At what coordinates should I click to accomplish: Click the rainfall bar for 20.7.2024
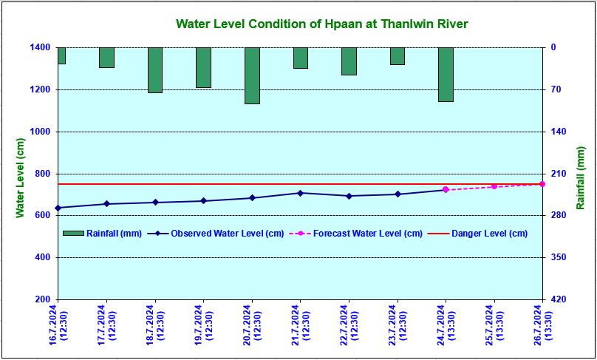click(x=252, y=75)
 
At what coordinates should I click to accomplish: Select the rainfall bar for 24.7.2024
click(x=446, y=75)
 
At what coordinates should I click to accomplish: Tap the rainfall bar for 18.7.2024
click(x=155, y=70)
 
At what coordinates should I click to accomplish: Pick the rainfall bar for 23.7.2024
click(x=398, y=56)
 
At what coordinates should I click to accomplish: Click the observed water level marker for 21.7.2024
click(x=301, y=193)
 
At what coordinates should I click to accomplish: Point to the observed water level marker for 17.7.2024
click(x=106, y=204)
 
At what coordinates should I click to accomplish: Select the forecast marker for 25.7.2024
click(x=494, y=187)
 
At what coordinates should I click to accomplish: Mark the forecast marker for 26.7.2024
click(x=542, y=184)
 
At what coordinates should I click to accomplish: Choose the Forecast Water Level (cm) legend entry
click(x=356, y=234)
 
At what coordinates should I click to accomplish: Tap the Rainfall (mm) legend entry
click(x=103, y=234)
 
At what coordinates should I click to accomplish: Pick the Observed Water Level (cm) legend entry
click(x=216, y=234)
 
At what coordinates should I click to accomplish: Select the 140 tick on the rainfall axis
click(x=556, y=132)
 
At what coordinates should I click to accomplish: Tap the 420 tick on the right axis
click(x=556, y=300)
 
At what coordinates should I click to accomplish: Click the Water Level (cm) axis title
click(x=20, y=177)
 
